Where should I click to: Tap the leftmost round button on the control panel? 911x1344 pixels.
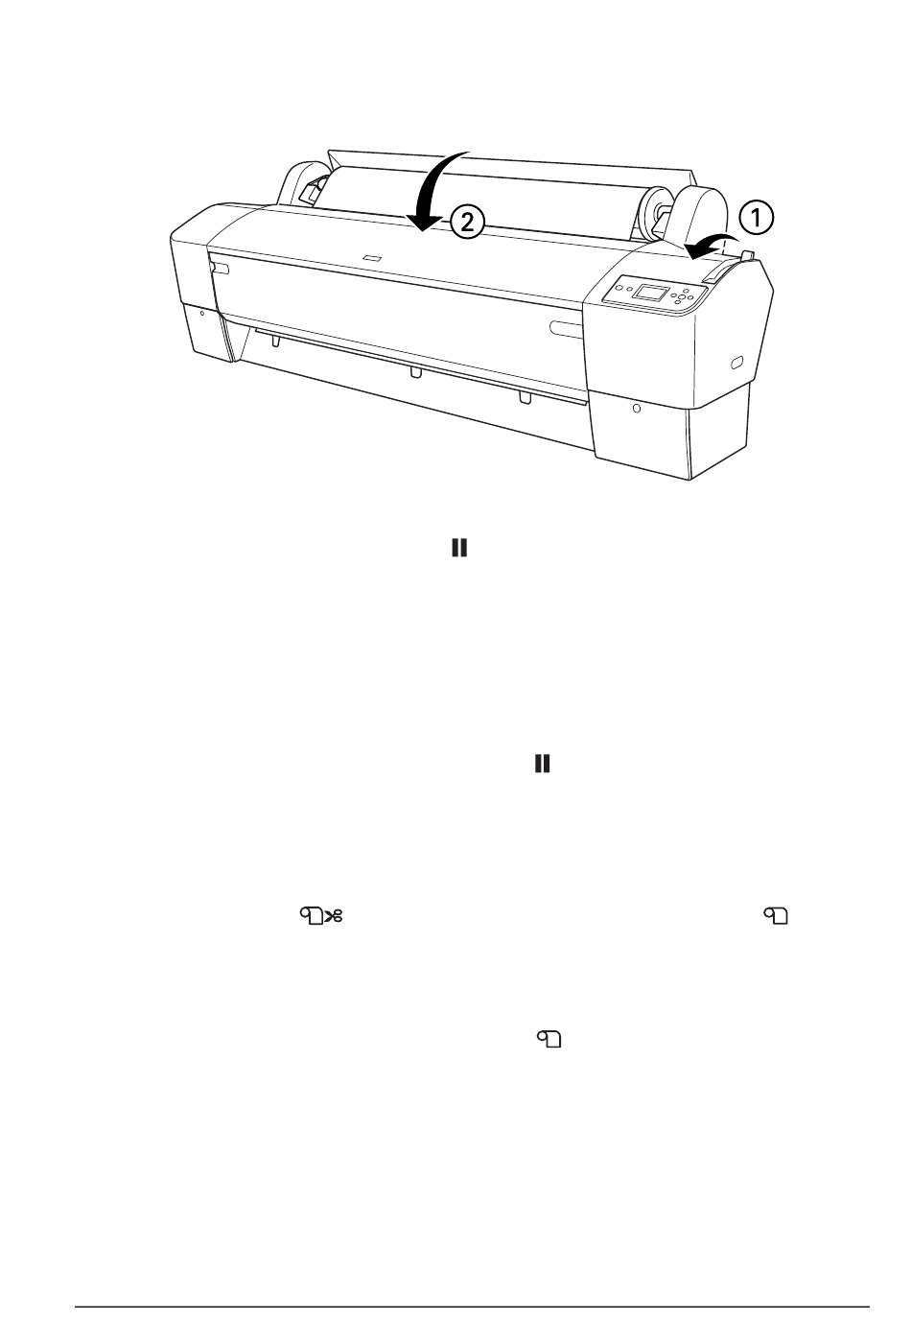pyautogui.click(x=619, y=284)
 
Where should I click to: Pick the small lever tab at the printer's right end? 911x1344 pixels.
pyautogui.click(x=749, y=257)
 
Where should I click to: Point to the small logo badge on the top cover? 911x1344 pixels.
pyautogui.click(x=373, y=257)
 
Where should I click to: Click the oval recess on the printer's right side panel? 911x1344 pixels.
pyautogui.click(x=736, y=363)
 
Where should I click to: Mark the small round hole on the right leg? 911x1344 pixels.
pyautogui.click(x=638, y=409)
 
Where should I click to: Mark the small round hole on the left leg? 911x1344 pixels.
pyautogui.click(x=202, y=312)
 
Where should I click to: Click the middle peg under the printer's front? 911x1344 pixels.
pyautogui.click(x=414, y=371)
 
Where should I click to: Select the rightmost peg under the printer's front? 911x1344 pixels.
pyautogui.click(x=524, y=397)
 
